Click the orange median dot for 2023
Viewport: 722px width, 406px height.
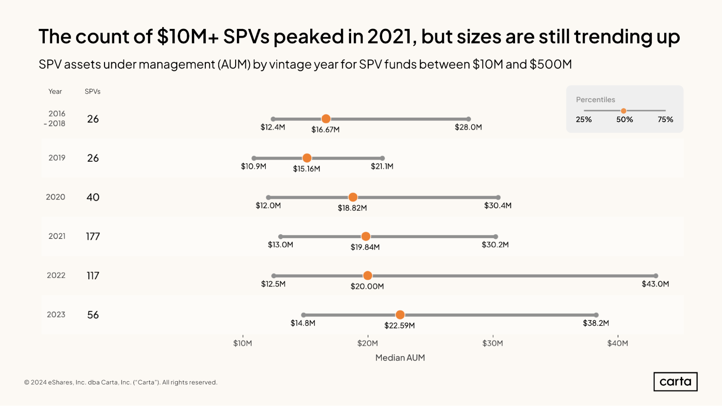(x=400, y=315)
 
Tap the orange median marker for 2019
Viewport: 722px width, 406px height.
(x=307, y=158)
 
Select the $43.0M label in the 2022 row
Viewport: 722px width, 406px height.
(x=655, y=284)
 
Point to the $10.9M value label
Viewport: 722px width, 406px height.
(x=254, y=166)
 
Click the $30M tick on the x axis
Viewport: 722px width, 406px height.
(x=493, y=343)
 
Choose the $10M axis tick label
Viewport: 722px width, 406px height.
(x=243, y=343)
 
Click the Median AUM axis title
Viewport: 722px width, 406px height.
(x=400, y=358)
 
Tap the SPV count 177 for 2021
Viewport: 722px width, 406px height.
(x=93, y=236)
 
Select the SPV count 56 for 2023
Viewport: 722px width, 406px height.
(x=93, y=315)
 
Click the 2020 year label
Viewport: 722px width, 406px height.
(x=56, y=197)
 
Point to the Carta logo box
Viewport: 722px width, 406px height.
(x=675, y=381)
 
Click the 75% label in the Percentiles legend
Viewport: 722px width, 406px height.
(x=665, y=119)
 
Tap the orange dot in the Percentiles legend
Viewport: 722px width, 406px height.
(x=623, y=111)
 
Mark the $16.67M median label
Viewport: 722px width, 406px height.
(x=325, y=130)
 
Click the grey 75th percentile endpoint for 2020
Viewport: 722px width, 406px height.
(x=498, y=197)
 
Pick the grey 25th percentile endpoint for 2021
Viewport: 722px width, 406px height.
(x=281, y=237)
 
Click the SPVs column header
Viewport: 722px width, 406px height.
(x=92, y=92)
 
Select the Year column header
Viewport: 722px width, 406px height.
(x=55, y=92)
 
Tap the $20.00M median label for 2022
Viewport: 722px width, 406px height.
(x=367, y=287)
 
